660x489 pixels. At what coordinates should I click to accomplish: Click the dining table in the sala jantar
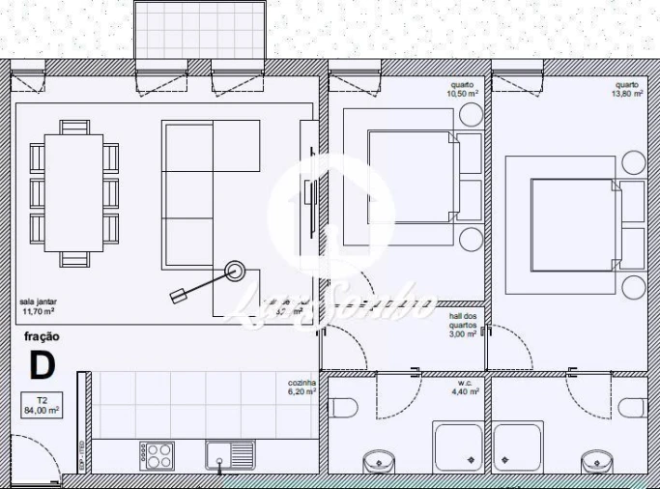pos(74,193)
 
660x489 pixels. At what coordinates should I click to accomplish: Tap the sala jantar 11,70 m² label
pos(39,307)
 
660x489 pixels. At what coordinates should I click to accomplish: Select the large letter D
pos(41,366)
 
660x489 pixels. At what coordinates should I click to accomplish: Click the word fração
pos(42,337)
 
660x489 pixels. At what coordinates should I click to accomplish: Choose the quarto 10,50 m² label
pos(463,90)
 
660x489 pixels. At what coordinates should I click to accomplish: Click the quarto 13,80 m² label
pos(626,90)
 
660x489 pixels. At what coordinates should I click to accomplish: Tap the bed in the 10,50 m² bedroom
pos(411,178)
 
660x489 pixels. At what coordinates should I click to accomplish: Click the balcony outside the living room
pos(199,29)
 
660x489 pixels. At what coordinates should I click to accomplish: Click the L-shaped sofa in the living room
pos(208,193)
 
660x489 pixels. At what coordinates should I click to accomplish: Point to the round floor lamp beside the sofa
pos(235,272)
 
